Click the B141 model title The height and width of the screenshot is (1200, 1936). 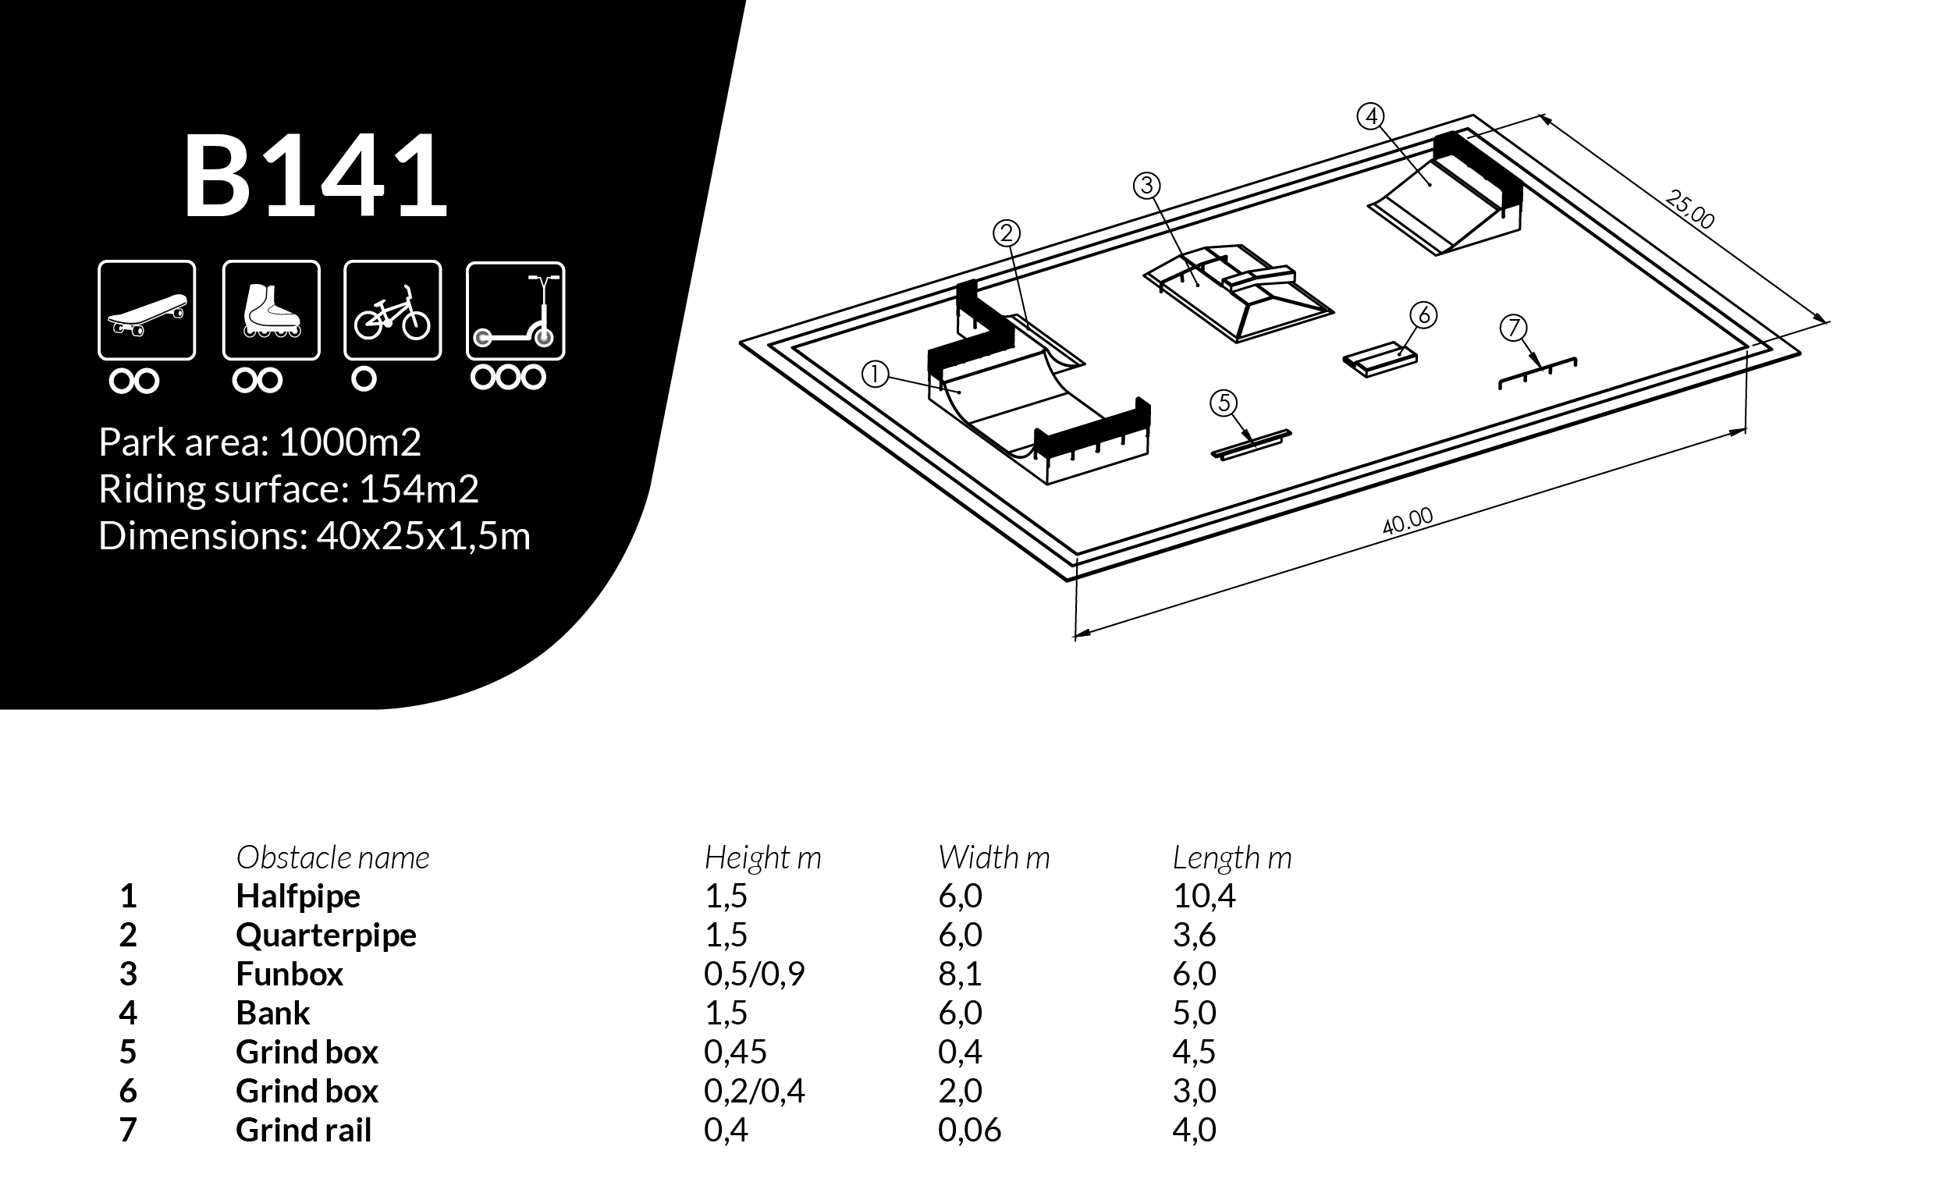[316, 176]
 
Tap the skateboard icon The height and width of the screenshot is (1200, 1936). [147, 311]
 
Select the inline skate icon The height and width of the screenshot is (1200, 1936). [272, 311]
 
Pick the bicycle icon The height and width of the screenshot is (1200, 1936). [393, 311]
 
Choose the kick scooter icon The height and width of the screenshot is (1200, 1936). [515, 311]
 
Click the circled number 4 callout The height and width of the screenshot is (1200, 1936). [1370, 117]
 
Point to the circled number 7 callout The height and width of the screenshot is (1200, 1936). [1513, 328]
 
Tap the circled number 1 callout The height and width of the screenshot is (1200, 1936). [875, 374]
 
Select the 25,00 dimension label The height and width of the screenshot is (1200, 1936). [1689, 210]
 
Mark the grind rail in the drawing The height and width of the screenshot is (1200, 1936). [1537, 373]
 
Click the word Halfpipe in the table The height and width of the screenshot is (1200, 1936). [297, 896]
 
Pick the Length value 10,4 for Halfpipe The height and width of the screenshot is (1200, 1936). [1203, 896]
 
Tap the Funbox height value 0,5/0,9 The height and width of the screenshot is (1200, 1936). [753, 974]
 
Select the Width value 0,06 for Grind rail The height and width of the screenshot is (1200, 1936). [968, 1130]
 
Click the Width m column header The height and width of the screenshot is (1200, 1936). [993, 857]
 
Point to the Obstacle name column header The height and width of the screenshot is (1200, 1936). [332, 857]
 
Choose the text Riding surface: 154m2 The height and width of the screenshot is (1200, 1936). [288, 489]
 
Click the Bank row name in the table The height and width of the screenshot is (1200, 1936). [272, 1013]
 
